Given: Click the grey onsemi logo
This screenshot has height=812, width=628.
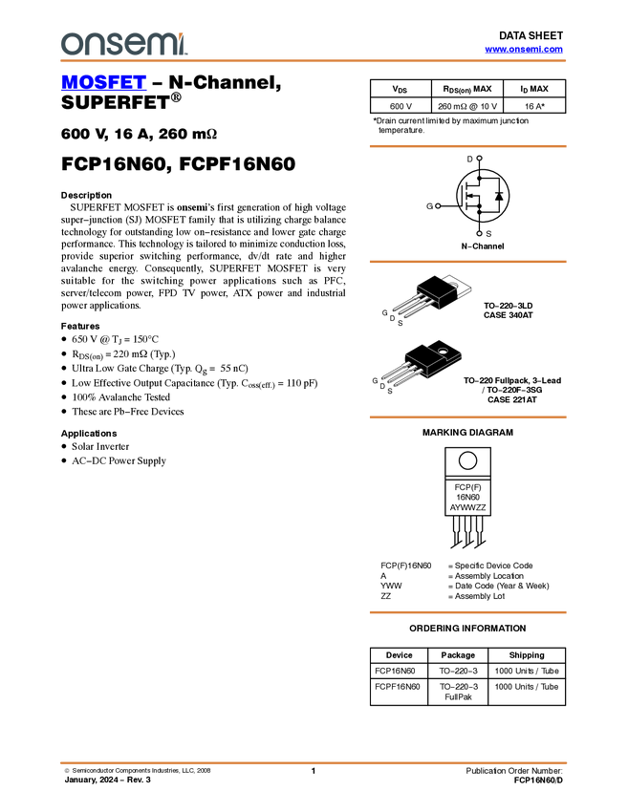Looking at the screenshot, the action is click(x=123, y=43).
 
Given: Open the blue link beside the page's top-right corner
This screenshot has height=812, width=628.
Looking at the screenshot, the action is click(x=524, y=50).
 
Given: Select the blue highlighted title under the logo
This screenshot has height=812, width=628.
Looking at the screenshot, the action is click(x=103, y=83).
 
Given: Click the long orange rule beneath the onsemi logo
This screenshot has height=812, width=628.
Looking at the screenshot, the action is click(x=314, y=61).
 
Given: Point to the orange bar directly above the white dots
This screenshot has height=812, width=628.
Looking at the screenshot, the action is click(x=467, y=146).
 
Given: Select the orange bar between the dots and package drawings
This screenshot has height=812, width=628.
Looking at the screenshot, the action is click(x=467, y=262).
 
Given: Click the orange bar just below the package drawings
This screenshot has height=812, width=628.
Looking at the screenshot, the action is click(x=467, y=417).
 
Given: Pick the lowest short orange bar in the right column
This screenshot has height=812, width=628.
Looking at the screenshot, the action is click(x=467, y=612).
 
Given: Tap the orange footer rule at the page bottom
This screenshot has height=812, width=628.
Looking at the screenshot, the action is click(x=314, y=763).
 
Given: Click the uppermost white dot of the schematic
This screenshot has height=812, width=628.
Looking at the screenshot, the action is click(x=479, y=159).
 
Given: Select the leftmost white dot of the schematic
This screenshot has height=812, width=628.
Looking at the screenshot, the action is click(x=437, y=205).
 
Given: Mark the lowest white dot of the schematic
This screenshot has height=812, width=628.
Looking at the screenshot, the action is click(x=479, y=234).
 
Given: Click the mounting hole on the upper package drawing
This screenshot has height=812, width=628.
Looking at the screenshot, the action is click(x=454, y=285).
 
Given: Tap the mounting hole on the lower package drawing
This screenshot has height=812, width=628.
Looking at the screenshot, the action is click(x=442, y=348).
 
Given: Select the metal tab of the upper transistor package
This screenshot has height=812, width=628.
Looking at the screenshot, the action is click(x=449, y=287).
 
